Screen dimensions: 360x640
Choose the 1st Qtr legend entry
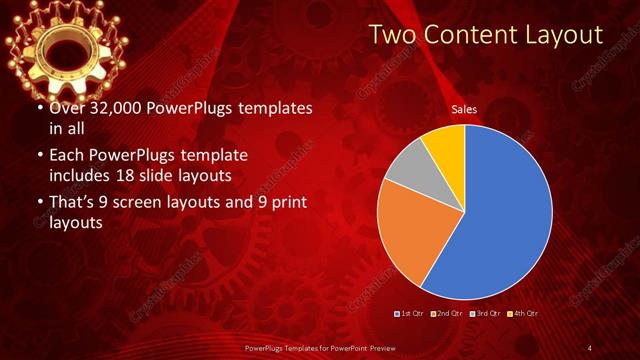click(410, 313)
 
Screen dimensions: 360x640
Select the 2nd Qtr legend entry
click(446, 313)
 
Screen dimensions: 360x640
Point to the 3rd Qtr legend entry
click(483, 313)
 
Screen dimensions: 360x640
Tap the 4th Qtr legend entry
click(521, 313)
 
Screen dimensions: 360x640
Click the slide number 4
click(590, 347)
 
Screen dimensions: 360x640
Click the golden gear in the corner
click(67, 43)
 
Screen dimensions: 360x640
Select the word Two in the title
click(395, 35)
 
